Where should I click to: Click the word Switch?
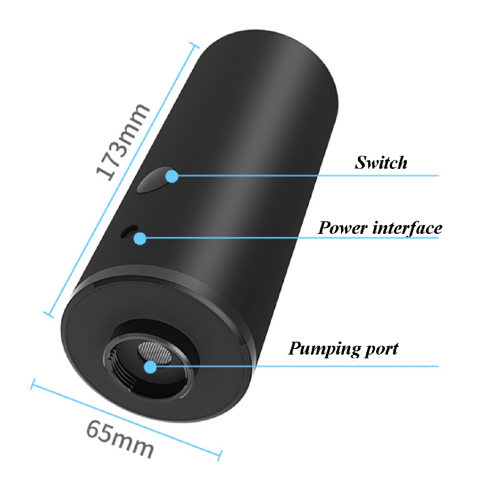tap(381, 163)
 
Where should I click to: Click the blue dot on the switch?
tap(172, 176)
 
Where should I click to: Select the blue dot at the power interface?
tap(139, 239)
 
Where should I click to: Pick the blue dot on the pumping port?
tap(150, 367)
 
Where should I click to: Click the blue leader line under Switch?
tap(304, 176)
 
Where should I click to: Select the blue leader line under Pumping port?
tap(304, 366)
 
